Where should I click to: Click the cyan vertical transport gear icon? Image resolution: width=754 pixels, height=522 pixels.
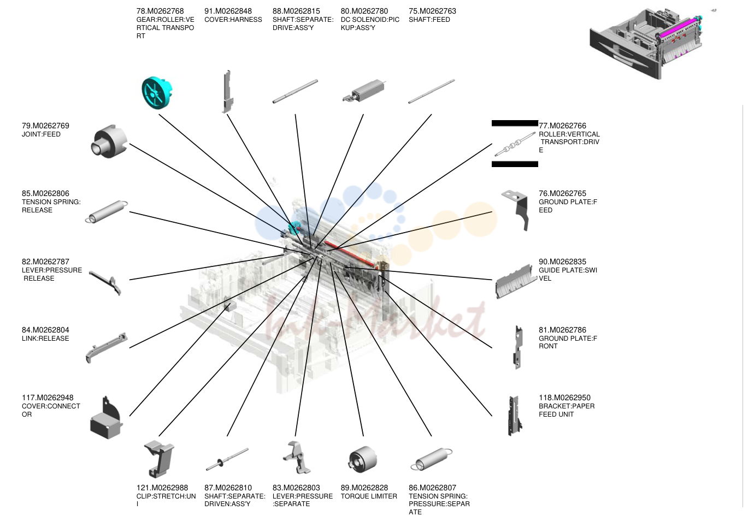pyautogui.click(x=156, y=93)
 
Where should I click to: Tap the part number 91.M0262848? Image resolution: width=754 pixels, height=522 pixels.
pyautogui.click(x=228, y=11)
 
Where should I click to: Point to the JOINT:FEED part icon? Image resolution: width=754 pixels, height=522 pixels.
pyautogui.click(x=109, y=141)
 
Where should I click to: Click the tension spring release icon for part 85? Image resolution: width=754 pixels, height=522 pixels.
pyautogui.click(x=107, y=211)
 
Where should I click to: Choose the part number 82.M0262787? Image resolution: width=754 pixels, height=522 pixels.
pyautogui.click(x=45, y=262)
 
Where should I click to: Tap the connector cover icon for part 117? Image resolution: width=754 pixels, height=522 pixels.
pyautogui.click(x=106, y=418)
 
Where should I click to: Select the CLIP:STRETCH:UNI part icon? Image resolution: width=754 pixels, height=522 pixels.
pyautogui.click(x=159, y=459)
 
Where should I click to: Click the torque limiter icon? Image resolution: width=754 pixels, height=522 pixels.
pyautogui.click(x=362, y=459)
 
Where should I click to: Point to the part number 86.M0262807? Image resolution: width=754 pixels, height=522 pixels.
pyautogui.click(x=432, y=488)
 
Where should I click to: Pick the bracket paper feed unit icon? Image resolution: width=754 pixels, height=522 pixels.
pyautogui.click(x=515, y=416)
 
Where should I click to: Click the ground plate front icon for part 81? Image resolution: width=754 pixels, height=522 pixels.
pyautogui.click(x=518, y=347)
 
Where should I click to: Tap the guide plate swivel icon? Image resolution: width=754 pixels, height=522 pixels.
pyautogui.click(x=516, y=282)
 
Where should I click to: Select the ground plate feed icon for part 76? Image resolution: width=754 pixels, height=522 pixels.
pyautogui.click(x=516, y=210)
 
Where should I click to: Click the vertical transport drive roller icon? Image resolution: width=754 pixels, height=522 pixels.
pyautogui.click(x=515, y=144)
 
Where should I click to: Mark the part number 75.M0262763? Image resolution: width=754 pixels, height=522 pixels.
pyautogui.click(x=432, y=11)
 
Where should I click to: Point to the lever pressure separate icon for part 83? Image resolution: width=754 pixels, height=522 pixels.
pyautogui.click(x=296, y=458)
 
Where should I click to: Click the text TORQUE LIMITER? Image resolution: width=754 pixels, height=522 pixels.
pyautogui.click(x=369, y=496)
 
